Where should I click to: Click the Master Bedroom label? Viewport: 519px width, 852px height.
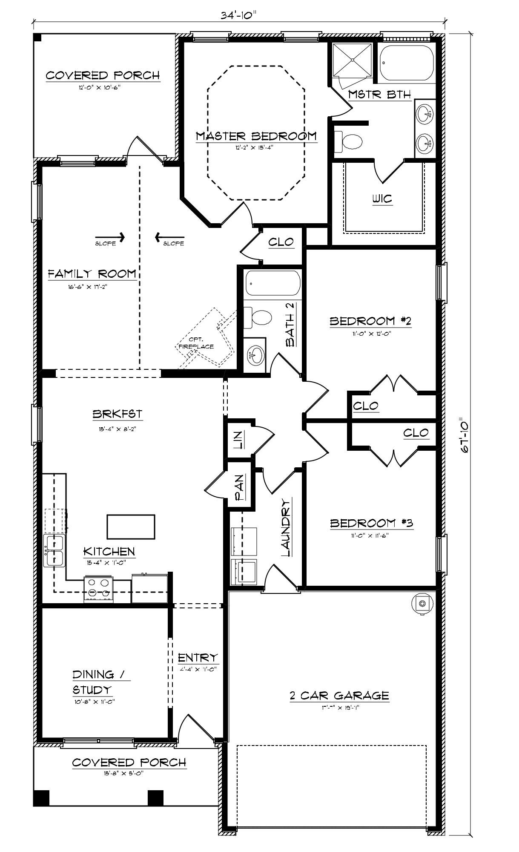(x=256, y=136)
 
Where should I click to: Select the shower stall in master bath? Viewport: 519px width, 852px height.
(x=353, y=60)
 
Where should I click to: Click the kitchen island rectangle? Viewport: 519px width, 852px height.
(x=131, y=527)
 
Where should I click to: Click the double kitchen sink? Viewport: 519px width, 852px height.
(x=54, y=551)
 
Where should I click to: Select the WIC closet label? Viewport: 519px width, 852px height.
(x=382, y=199)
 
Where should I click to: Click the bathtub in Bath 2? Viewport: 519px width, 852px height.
(x=273, y=283)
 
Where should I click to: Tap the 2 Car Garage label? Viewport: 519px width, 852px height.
(x=339, y=696)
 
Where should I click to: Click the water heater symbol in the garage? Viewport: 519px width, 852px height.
(x=422, y=603)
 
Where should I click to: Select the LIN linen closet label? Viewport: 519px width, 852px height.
(x=238, y=440)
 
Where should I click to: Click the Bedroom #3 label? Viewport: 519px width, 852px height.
(x=372, y=523)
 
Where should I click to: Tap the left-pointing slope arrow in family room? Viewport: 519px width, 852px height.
(x=169, y=237)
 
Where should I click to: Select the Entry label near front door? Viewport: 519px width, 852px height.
(x=198, y=658)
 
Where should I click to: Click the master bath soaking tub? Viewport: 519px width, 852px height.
(x=407, y=63)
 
